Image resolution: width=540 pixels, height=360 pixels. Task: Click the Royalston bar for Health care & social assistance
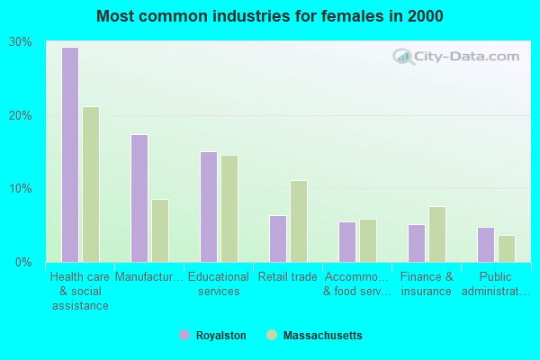(70, 155)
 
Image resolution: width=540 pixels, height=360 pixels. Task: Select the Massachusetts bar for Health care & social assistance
(91, 184)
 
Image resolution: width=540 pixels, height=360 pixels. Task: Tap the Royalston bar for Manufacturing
(139, 198)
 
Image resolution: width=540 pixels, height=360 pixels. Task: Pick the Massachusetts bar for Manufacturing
(160, 230)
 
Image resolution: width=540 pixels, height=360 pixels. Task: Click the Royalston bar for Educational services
(209, 207)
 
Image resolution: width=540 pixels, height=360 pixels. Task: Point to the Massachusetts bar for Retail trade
(299, 221)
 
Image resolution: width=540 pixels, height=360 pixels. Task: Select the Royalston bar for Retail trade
(278, 238)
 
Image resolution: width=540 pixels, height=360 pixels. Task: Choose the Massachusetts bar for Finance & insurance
(437, 234)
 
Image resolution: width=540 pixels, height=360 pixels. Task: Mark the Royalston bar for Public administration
(486, 245)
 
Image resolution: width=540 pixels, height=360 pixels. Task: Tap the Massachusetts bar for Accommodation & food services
(368, 240)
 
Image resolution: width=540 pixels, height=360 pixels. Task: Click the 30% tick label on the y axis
(21, 42)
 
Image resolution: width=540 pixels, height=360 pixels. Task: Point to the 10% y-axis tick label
(21, 189)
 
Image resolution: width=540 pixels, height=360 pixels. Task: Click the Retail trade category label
(288, 277)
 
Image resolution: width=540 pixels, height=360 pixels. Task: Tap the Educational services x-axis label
(219, 284)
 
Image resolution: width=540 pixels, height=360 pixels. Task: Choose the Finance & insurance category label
(427, 284)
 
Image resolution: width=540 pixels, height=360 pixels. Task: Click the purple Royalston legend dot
(184, 335)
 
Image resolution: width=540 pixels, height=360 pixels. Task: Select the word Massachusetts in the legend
(322, 336)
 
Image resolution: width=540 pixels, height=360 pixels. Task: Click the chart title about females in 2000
(270, 16)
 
